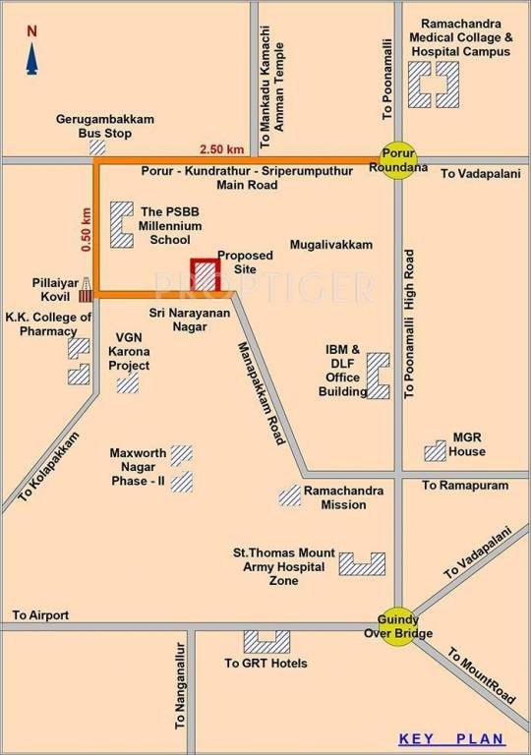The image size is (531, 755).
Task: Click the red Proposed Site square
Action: (205, 275)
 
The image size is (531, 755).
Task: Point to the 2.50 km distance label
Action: (221, 148)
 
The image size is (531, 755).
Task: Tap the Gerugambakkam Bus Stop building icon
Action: (97, 146)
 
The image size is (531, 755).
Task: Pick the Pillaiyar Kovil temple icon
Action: (86, 289)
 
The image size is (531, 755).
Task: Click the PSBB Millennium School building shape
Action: (121, 225)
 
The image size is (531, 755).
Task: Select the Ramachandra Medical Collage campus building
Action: (434, 85)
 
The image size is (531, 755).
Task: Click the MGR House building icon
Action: (435, 451)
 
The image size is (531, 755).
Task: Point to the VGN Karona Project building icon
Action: (128, 382)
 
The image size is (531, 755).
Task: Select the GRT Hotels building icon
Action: (266, 642)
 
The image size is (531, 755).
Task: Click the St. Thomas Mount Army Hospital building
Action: (361, 563)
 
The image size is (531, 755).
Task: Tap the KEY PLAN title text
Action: (451, 739)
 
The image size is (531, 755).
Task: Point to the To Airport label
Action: (40, 615)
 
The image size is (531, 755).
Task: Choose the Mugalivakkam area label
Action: (331, 245)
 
